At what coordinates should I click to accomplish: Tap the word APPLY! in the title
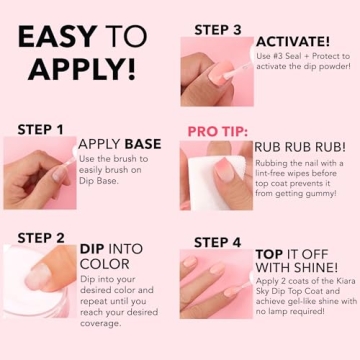tap(82, 70)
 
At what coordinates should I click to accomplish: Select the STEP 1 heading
tap(40, 129)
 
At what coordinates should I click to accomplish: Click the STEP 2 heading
tap(41, 238)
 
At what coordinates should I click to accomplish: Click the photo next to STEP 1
tap(37, 172)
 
